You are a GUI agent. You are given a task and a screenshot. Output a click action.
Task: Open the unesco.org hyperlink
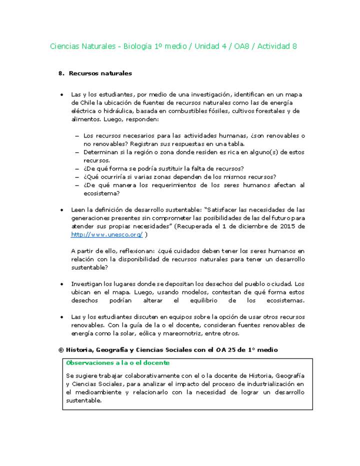107,234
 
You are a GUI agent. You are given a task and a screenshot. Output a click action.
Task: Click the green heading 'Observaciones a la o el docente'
117,362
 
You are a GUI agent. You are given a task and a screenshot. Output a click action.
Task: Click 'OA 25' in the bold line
226,350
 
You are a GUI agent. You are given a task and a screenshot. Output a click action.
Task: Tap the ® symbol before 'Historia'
61,350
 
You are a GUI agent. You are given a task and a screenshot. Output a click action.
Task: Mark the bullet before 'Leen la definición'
61,210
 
